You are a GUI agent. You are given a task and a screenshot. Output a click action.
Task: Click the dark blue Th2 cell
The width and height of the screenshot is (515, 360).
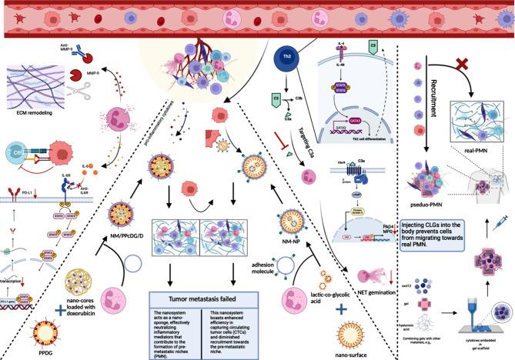[286, 58]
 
